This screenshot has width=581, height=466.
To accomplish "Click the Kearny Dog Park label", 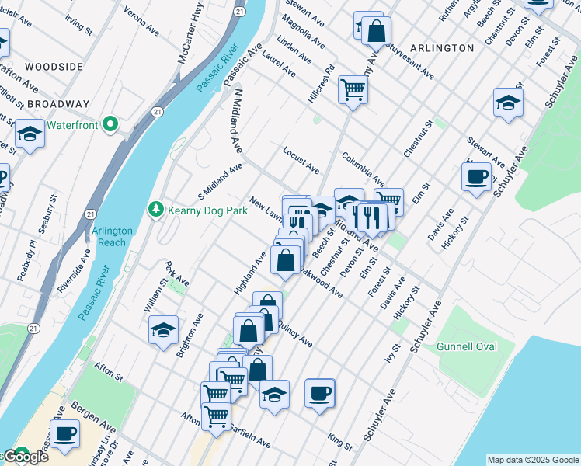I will point(205,210).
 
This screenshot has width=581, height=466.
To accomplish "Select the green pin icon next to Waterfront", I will point(111,124).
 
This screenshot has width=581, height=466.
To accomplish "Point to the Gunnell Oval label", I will point(466,346).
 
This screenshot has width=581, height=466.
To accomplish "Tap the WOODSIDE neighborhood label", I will point(53,67).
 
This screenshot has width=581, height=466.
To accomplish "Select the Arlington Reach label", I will point(113,237).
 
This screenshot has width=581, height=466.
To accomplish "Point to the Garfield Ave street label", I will point(248,440).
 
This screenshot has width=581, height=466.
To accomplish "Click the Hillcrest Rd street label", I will point(326,80).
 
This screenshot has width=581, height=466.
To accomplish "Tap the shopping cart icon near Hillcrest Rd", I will point(353,90).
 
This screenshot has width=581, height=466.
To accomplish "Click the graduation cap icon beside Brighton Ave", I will point(163,330).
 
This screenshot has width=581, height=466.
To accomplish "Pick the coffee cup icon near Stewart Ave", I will point(476,176).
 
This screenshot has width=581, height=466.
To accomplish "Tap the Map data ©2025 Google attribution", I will point(533,460).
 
